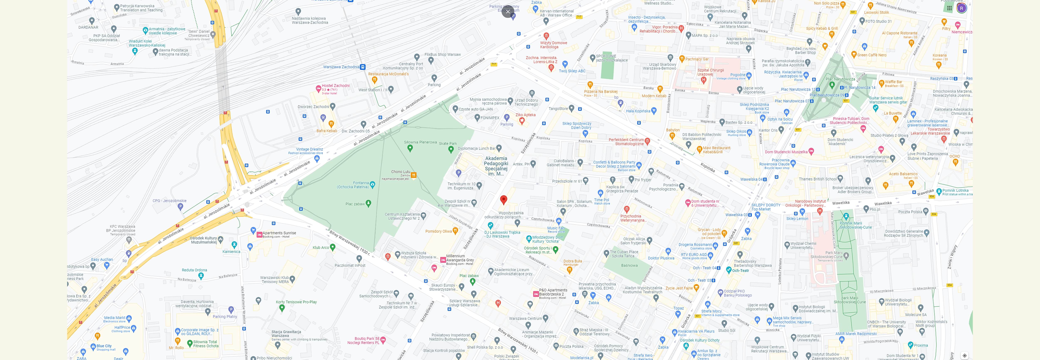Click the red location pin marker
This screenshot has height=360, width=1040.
click(503, 199)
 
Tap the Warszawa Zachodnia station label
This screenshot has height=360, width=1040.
click(341, 67)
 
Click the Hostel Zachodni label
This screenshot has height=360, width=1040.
click(336, 85)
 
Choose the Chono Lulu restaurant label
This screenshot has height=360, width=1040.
click(400, 172)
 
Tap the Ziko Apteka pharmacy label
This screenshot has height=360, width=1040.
click(525, 115)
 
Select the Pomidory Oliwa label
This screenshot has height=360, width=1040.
click(438, 231)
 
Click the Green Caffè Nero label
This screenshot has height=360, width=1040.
click(872, 55)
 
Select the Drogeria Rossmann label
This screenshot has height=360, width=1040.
click(695, 245)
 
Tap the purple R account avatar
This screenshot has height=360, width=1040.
click(961, 8)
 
